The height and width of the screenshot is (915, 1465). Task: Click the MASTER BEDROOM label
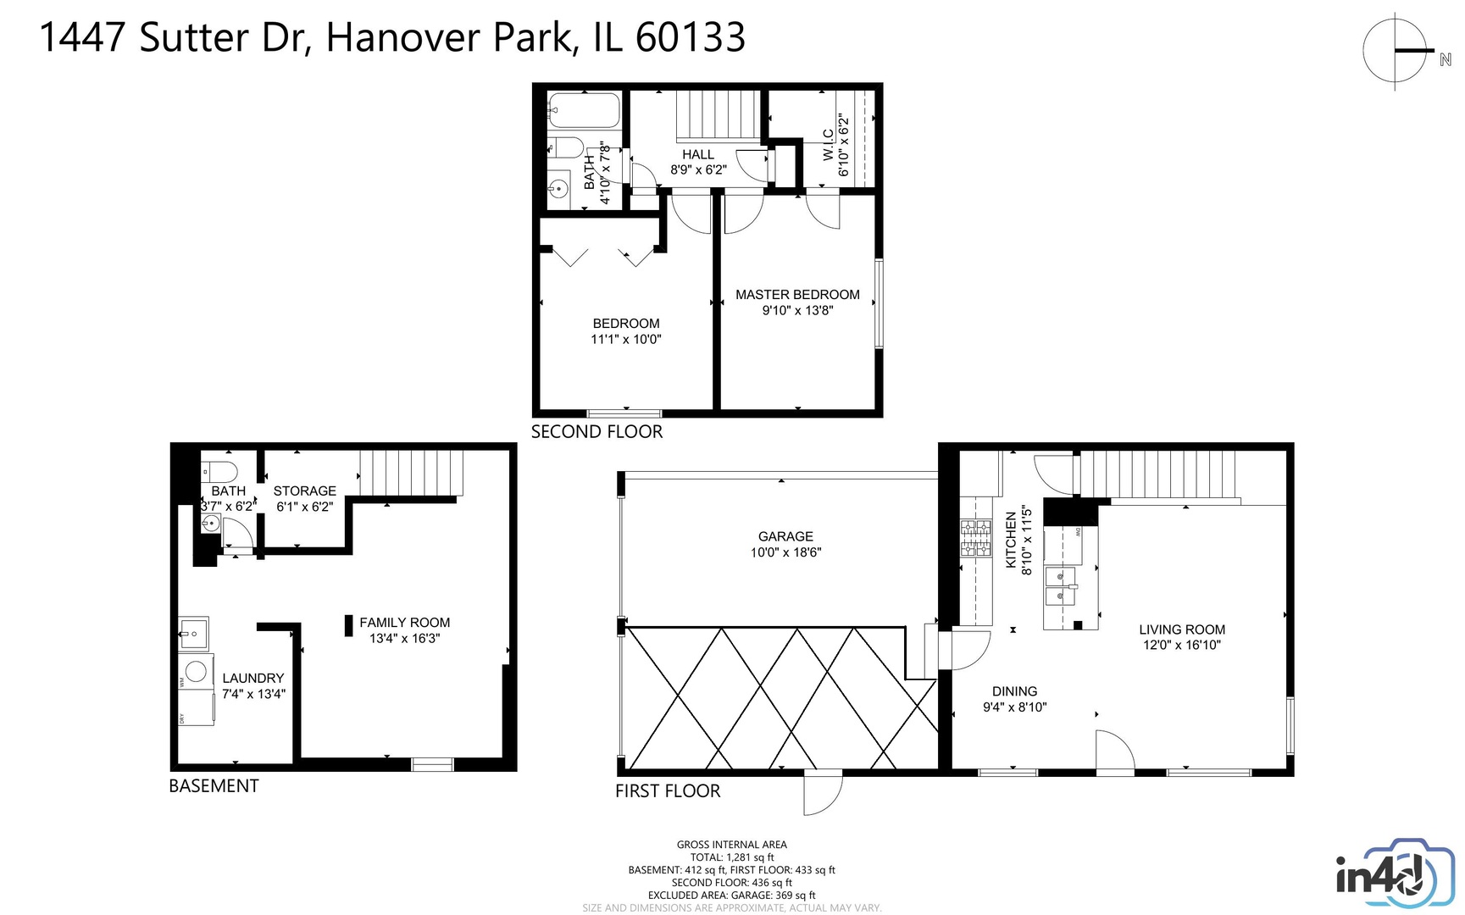[796, 295]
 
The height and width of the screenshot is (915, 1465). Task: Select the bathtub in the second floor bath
[584, 111]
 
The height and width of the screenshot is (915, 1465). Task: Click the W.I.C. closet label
[828, 146]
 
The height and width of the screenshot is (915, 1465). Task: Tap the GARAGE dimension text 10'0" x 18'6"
[785, 552]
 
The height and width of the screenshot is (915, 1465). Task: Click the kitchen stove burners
[975, 539]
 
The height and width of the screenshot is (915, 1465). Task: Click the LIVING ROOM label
[1181, 629]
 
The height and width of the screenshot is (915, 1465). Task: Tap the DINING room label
[1014, 691]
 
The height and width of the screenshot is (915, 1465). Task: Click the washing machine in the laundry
[196, 672]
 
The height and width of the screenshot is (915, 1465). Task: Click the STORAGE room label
[304, 491]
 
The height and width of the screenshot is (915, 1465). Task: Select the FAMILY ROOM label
[404, 623]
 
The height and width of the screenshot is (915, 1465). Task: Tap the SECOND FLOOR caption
[597, 432]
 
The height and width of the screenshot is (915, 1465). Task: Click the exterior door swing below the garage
[822, 793]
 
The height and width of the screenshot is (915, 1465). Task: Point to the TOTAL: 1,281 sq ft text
[731, 857]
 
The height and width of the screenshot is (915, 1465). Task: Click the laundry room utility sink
[193, 633]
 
